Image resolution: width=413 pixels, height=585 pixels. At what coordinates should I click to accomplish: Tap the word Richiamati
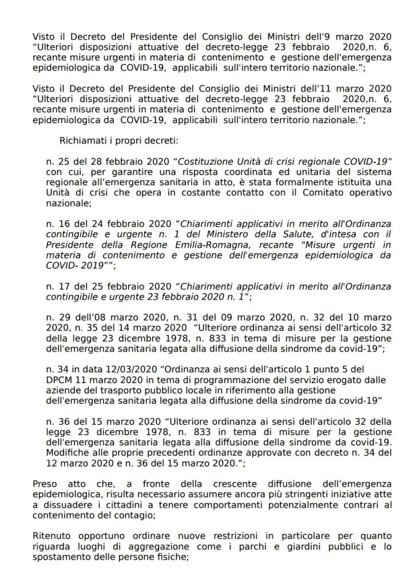click(x=82, y=140)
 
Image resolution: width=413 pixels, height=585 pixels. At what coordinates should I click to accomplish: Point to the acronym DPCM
click(x=60, y=381)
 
